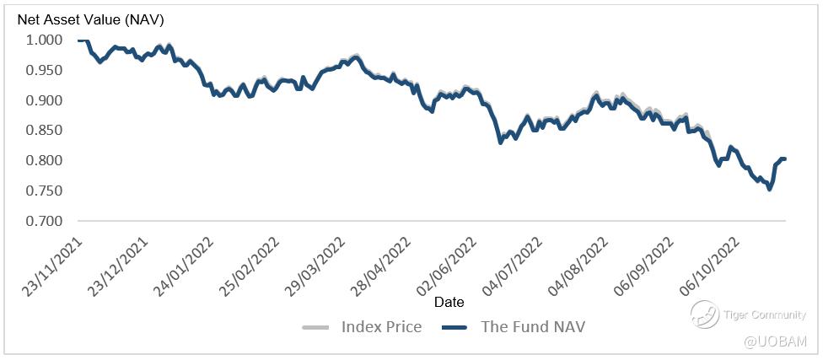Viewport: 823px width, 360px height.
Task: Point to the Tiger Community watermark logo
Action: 703,315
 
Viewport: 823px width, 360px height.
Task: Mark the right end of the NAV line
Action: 784,159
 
